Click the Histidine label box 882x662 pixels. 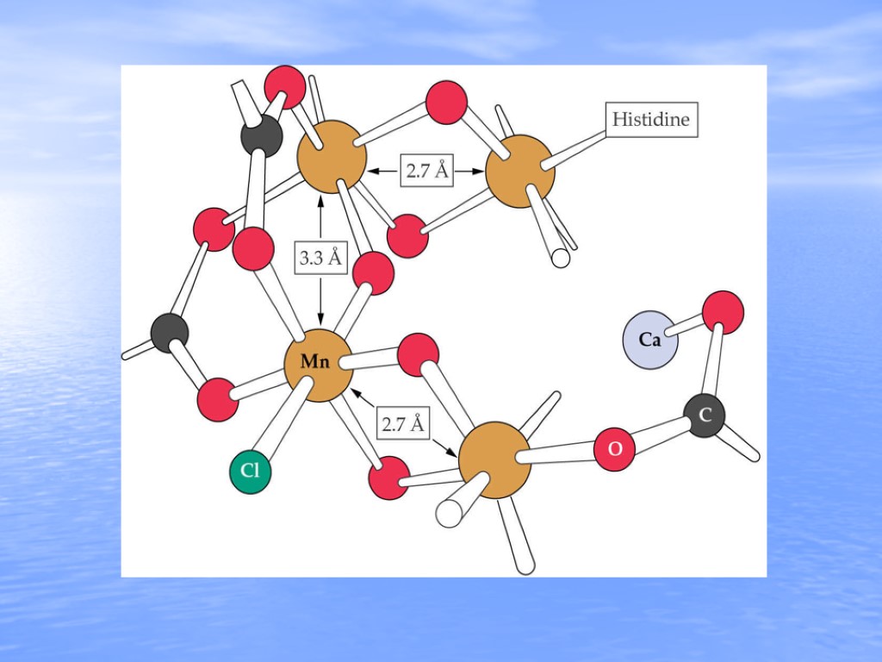click(x=651, y=119)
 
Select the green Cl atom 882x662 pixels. click(x=250, y=471)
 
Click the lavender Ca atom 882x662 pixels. click(x=650, y=340)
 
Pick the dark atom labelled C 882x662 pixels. click(x=705, y=416)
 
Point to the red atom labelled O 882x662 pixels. click(x=615, y=449)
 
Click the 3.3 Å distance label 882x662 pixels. click(x=320, y=257)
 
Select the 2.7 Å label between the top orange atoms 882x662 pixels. click(x=427, y=171)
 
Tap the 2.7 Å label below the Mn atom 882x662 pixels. click(x=404, y=424)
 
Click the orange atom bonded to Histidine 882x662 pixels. click(x=519, y=171)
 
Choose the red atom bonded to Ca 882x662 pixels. click(x=723, y=312)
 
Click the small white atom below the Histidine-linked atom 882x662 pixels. click(x=561, y=257)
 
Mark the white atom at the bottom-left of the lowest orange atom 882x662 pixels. click(x=449, y=513)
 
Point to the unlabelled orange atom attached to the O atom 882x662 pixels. click(x=494, y=459)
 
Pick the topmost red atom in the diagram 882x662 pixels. click(x=284, y=86)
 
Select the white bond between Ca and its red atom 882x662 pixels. click(x=686, y=326)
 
